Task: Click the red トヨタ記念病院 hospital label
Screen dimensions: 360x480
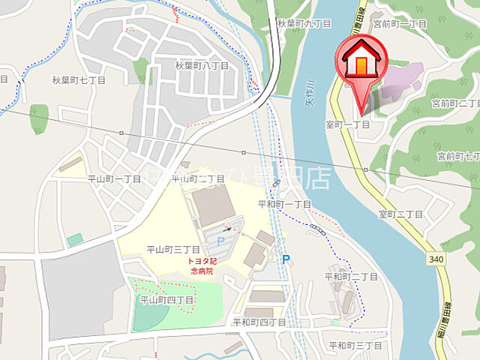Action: coord(202,266)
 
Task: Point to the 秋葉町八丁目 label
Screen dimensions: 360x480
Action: coord(202,66)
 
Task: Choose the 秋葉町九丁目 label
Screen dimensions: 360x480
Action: coord(303,24)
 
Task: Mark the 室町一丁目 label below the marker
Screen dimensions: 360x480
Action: coord(347,124)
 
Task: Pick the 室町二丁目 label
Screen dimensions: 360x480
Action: coord(401,214)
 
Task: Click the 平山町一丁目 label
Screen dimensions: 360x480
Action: coord(114,178)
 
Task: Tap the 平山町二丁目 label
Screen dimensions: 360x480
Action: coord(198,178)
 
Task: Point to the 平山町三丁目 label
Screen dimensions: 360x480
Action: coord(173,249)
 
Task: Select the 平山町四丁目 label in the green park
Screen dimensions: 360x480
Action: coord(167,299)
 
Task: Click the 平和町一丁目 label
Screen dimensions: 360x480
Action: coord(284,204)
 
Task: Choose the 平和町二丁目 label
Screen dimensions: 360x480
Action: coord(351,277)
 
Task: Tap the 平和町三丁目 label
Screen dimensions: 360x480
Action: coord(355,345)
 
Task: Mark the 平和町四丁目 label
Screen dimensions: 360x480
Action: coord(259,322)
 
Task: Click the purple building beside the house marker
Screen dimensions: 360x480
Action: coord(402,82)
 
